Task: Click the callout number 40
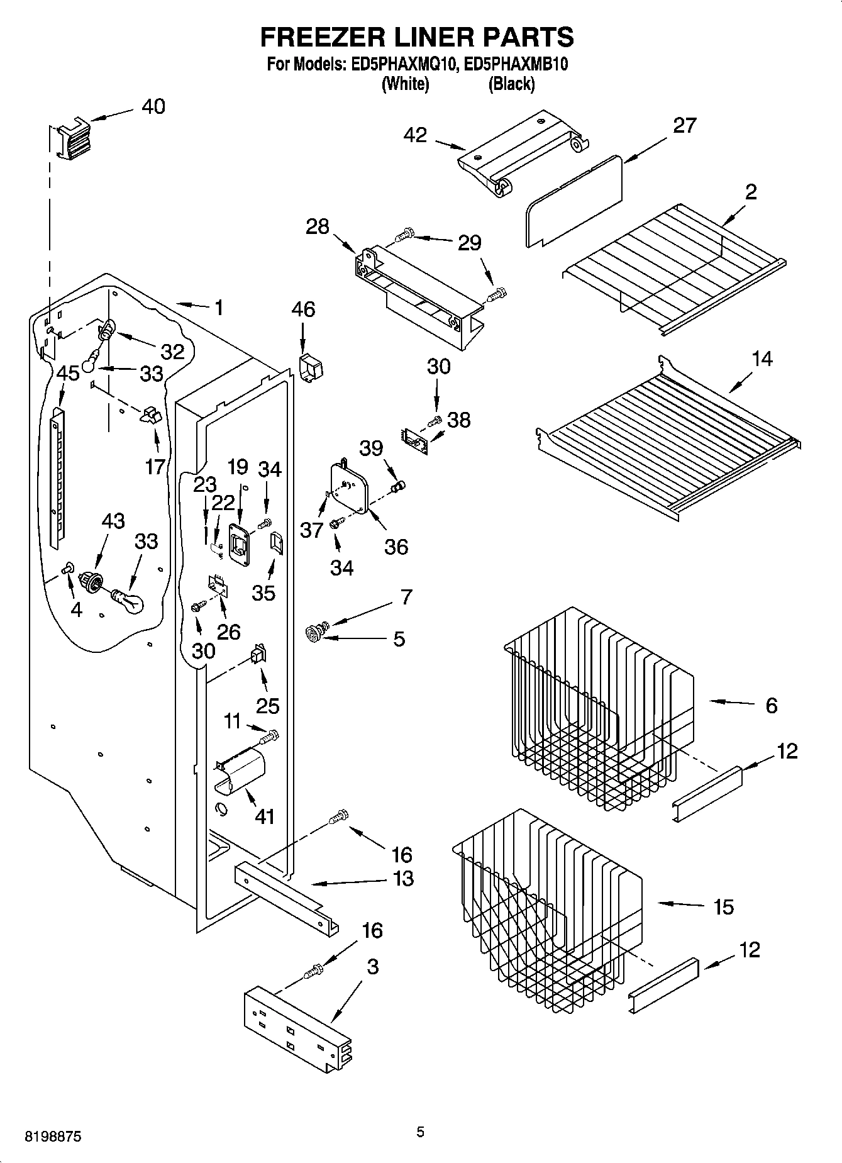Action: pos(153,106)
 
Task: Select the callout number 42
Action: pos(415,135)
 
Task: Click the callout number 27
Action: pos(684,126)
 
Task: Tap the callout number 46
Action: pos(303,309)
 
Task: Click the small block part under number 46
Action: pos(309,367)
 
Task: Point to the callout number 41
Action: pos(265,816)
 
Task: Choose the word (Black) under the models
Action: pos(511,84)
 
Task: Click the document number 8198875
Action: pos(53,1137)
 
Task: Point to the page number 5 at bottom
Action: pos(420,1132)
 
